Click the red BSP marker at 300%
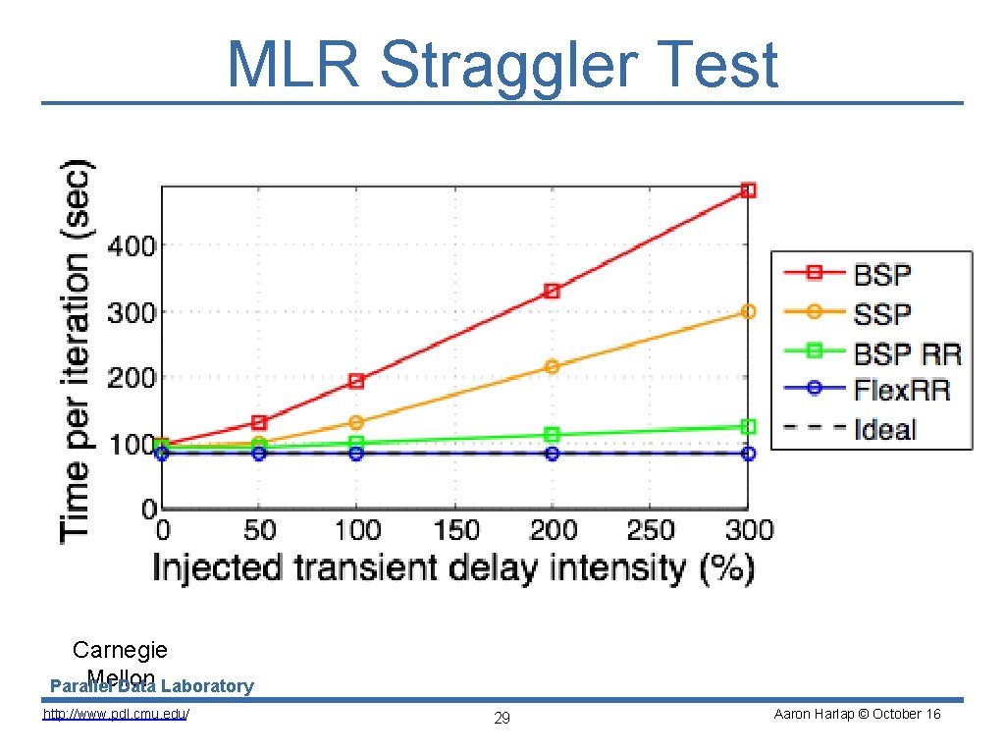click(x=748, y=190)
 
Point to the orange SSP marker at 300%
click(x=748, y=311)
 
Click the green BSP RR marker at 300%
click(x=748, y=427)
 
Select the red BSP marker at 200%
click(x=552, y=291)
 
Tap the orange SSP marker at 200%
click(x=552, y=366)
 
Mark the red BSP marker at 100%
click(x=356, y=380)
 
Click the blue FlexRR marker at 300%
click(x=748, y=454)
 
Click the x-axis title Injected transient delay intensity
click(x=452, y=567)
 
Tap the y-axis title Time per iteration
click(x=79, y=349)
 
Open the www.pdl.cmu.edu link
click(x=116, y=714)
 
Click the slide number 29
click(x=502, y=719)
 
